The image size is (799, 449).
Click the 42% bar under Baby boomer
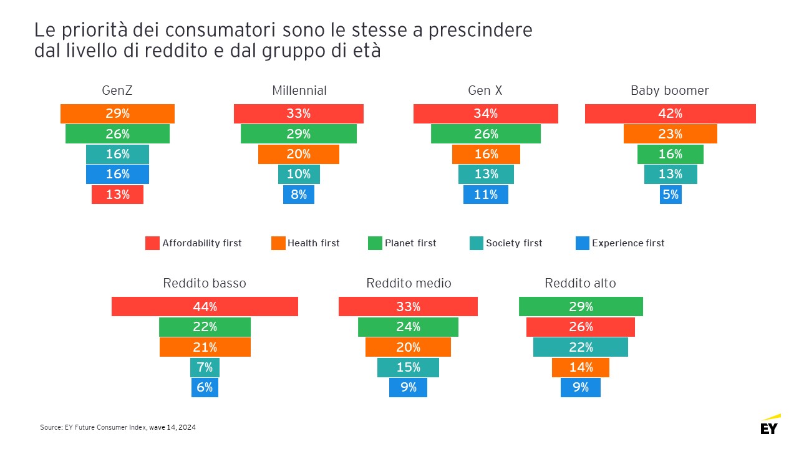[x=670, y=113]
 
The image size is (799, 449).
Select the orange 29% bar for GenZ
[x=117, y=113]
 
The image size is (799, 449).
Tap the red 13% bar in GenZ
[x=117, y=195]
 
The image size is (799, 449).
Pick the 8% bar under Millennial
[x=299, y=195]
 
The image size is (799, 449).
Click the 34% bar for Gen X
[x=485, y=113]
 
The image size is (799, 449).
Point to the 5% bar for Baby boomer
[x=670, y=195]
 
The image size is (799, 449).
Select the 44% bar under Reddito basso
[x=205, y=307]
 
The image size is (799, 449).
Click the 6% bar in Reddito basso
[x=205, y=387]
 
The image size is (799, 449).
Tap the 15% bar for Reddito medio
[x=408, y=367]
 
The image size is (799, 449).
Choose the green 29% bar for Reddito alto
[x=581, y=307]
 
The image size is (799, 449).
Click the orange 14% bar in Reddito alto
[x=581, y=367]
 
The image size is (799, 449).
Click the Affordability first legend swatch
[x=152, y=243]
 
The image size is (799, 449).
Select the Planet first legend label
[x=410, y=243]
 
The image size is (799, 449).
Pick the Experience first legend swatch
[x=583, y=243]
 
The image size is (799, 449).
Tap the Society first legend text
[x=514, y=243]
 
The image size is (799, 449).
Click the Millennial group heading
[x=299, y=91]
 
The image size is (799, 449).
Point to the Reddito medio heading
[x=409, y=283]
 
